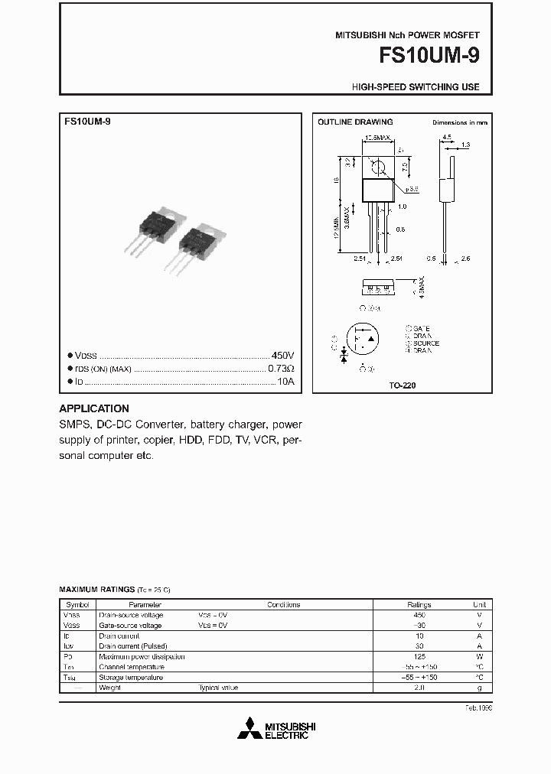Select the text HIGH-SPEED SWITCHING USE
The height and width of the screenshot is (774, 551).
pyautogui.click(x=416, y=87)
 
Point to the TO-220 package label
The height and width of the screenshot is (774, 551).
pyautogui.click(x=403, y=386)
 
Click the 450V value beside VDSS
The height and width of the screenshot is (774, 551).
pyautogui.click(x=282, y=356)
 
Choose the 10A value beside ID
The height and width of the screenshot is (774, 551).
pyautogui.click(x=285, y=382)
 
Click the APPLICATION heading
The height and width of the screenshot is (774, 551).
pyautogui.click(x=94, y=408)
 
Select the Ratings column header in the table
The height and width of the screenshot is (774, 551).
pyautogui.click(x=419, y=604)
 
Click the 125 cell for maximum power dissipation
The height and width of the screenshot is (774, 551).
pyautogui.click(x=419, y=656)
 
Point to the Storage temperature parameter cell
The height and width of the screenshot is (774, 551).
pyautogui.click(x=131, y=677)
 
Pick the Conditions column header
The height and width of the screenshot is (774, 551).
pyautogui.click(x=283, y=604)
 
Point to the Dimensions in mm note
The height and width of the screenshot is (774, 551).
pyautogui.click(x=459, y=122)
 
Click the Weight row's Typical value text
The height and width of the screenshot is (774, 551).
pyautogui.click(x=219, y=688)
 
